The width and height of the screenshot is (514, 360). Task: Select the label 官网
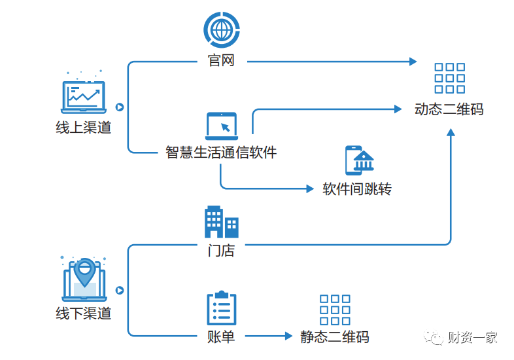coord(221,61)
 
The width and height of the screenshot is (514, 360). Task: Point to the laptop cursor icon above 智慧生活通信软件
coord(222,126)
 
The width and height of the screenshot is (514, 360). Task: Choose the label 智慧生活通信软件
coord(221,153)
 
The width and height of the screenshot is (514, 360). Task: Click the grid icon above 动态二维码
coord(449,78)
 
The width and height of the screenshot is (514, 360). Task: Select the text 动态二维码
coord(449,109)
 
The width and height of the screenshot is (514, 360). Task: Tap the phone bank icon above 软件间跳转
coord(359,160)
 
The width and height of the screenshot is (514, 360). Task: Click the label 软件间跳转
coord(357,189)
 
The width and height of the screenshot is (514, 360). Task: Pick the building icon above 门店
coord(221,222)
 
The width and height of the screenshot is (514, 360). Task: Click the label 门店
coord(221,251)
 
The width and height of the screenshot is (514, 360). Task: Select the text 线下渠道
coord(84,313)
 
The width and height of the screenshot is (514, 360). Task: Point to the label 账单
coord(221,337)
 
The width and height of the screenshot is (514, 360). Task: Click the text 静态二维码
coord(335,337)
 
